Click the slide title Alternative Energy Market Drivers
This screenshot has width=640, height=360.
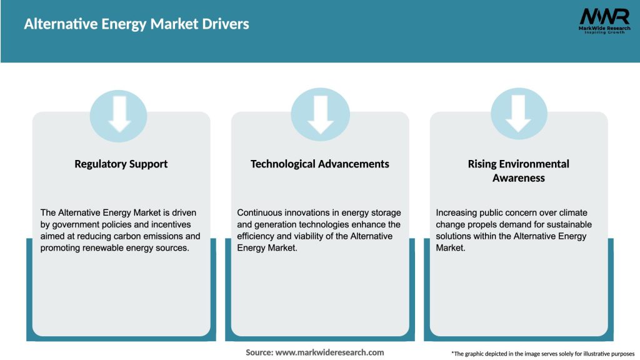[x=136, y=24]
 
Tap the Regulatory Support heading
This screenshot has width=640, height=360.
[x=121, y=164]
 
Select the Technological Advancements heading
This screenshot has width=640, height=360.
[x=319, y=164]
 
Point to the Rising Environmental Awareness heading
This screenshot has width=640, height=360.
[x=518, y=171]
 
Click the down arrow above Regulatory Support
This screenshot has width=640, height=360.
[x=119, y=114]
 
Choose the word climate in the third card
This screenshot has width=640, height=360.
[x=572, y=213]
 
